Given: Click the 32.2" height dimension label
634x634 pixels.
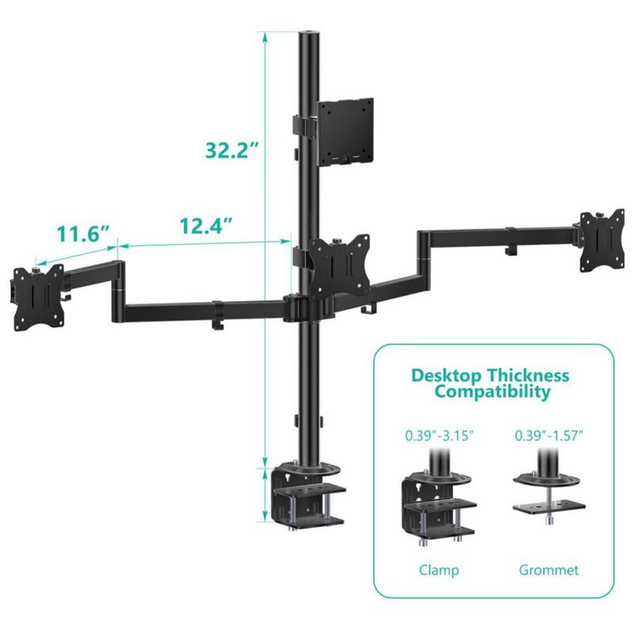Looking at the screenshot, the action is [x=232, y=150].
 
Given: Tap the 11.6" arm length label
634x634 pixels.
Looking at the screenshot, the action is [x=83, y=234].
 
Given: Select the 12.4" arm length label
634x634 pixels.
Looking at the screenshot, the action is [x=206, y=226].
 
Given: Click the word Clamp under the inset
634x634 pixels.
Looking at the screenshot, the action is [x=439, y=570].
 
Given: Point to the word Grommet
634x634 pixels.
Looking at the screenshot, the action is [x=548, y=570].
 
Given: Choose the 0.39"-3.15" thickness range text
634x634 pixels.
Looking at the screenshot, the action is [x=439, y=436].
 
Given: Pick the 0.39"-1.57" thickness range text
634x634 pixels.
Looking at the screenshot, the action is [x=549, y=436].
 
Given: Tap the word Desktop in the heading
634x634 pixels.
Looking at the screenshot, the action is [x=446, y=376].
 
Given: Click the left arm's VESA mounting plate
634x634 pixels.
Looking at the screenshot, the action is [x=39, y=298].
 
